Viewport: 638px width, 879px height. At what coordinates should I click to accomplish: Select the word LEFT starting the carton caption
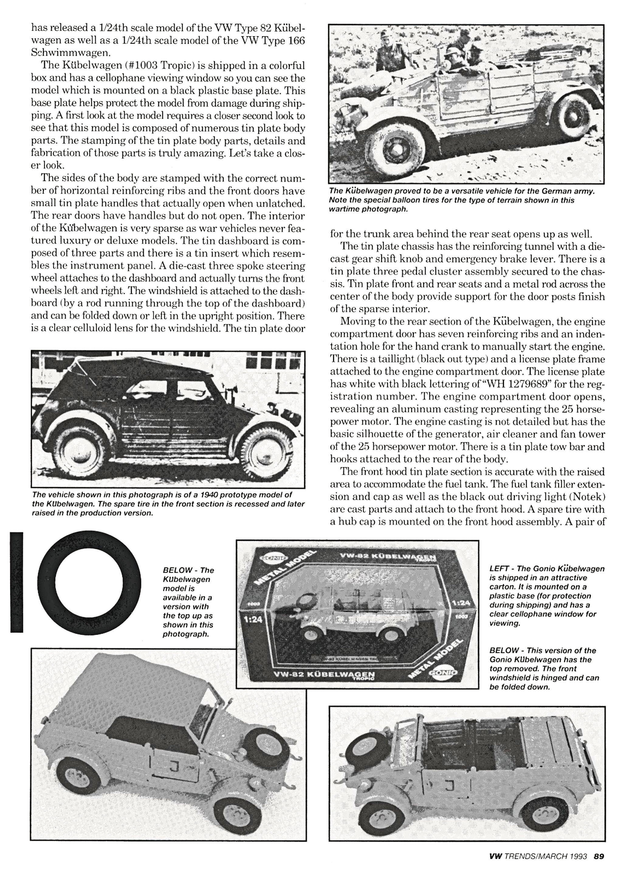(499, 568)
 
